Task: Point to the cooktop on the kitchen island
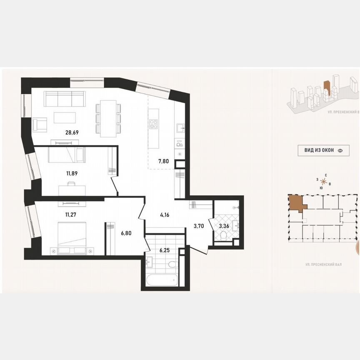pos(153,124)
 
